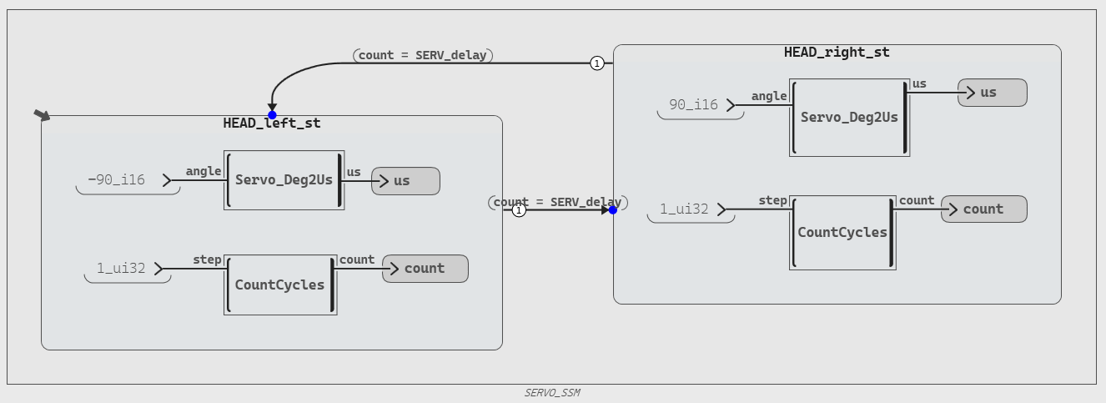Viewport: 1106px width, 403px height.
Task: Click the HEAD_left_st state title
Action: pos(272,123)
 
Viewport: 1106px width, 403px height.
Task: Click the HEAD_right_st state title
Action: pos(837,52)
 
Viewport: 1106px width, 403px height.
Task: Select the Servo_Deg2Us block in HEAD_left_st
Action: pos(284,180)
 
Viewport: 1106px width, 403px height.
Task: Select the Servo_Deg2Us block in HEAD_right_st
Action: pos(849,118)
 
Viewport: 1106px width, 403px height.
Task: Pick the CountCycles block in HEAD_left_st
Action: pos(280,285)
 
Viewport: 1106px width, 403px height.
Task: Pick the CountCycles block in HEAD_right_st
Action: pos(842,233)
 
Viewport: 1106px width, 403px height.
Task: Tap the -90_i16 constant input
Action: pos(128,181)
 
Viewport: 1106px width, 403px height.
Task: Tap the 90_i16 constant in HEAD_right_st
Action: pos(700,105)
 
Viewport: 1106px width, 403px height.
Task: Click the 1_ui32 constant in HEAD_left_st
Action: pos(128,269)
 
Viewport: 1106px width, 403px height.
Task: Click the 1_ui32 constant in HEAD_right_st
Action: pos(691,209)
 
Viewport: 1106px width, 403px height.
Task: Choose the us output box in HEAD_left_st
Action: pos(405,181)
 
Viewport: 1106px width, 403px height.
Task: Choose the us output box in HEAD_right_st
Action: pos(993,93)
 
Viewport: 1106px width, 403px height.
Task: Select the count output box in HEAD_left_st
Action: pos(425,269)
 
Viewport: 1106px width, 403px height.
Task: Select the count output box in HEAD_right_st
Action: pos(984,209)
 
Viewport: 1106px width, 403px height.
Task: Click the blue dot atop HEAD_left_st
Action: pos(272,115)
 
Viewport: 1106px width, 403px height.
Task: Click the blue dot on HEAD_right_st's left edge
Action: pos(613,210)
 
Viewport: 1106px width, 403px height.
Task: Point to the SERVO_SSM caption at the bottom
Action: pos(552,393)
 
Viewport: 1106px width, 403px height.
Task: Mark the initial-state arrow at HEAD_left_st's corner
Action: pos(42,115)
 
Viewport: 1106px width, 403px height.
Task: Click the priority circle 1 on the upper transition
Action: pos(597,63)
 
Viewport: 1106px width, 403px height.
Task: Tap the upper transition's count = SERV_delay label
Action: pos(423,55)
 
